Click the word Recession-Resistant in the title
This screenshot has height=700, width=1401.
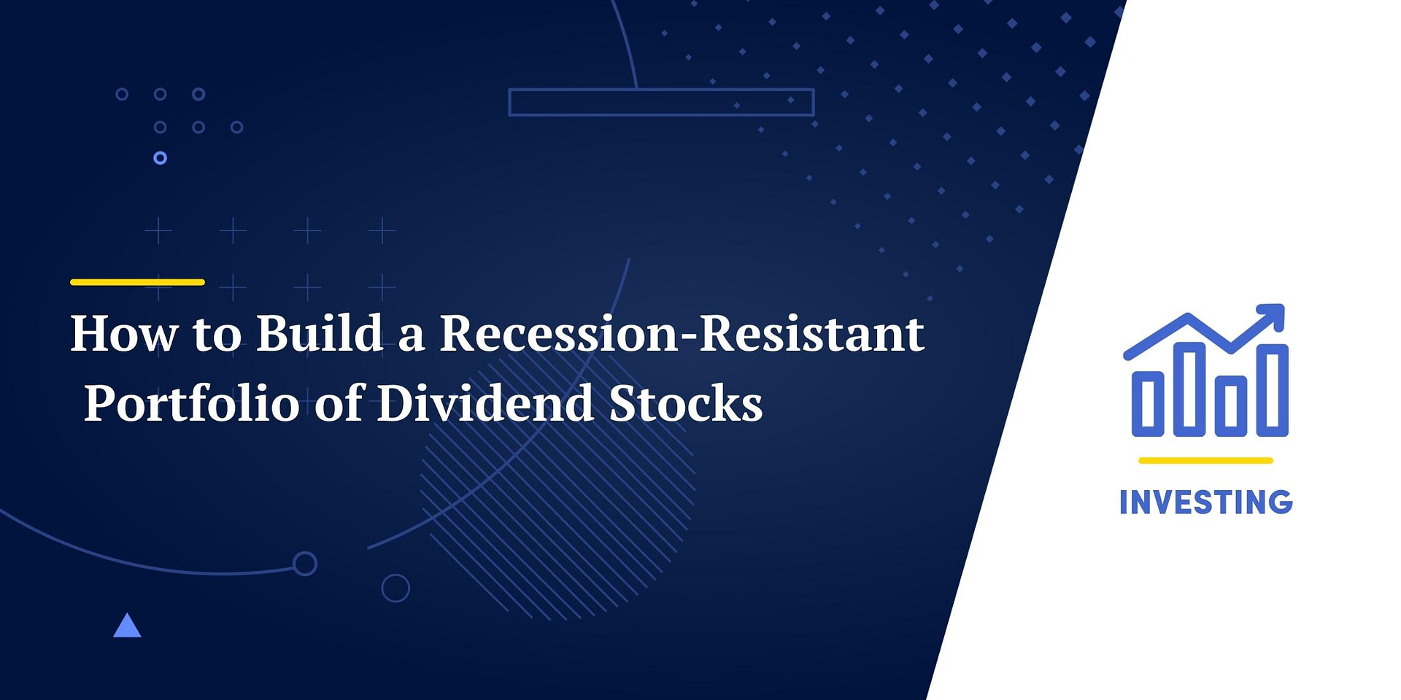point(682,333)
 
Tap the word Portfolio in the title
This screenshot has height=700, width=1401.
point(192,404)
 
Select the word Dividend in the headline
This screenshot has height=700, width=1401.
point(485,402)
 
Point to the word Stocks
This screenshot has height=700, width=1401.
point(685,402)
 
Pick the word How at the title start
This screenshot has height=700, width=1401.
point(124,333)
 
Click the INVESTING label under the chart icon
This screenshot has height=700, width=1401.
point(1205,502)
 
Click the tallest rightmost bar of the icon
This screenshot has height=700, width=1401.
point(1273,390)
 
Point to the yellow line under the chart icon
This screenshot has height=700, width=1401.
point(1205,460)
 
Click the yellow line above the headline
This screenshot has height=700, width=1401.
point(137,281)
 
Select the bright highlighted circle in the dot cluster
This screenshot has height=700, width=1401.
point(161,157)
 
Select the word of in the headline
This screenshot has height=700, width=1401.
point(339,402)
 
